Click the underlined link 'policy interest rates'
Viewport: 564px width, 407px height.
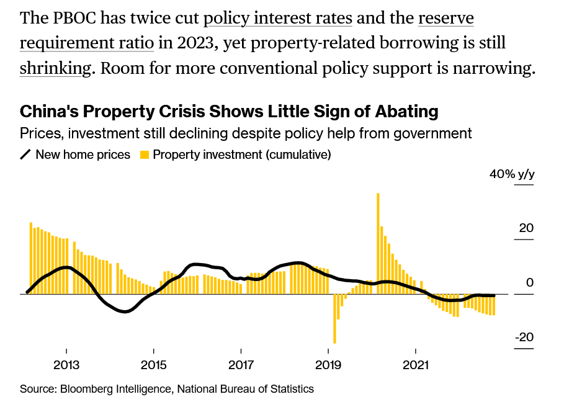coord(278,17)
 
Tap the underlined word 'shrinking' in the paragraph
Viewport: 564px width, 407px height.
coord(55,68)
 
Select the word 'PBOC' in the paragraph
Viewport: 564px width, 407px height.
coord(78,17)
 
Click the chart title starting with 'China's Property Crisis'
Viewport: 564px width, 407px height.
coord(229,112)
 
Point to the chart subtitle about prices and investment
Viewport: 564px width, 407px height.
coord(246,133)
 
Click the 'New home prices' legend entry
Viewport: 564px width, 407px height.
coord(83,154)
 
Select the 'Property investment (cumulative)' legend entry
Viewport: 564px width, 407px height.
coord(242,154)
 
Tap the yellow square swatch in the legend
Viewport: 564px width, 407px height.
coord(145,154)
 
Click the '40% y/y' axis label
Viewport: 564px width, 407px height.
coord(511,174)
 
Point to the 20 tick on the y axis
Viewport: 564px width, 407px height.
coord(526,228)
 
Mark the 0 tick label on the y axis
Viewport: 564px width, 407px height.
coord(529,283)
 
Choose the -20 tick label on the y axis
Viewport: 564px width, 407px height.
coord(523,338)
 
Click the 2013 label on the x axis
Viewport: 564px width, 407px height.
coord(66,365)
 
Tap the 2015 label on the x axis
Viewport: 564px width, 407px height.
coord(153,365)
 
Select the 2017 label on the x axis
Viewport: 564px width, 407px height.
coord(241,365)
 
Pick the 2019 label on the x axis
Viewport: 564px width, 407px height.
coord(328,365)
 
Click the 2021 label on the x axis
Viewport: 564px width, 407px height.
coord(416,365)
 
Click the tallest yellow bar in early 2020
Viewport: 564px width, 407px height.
coord(378,242)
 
